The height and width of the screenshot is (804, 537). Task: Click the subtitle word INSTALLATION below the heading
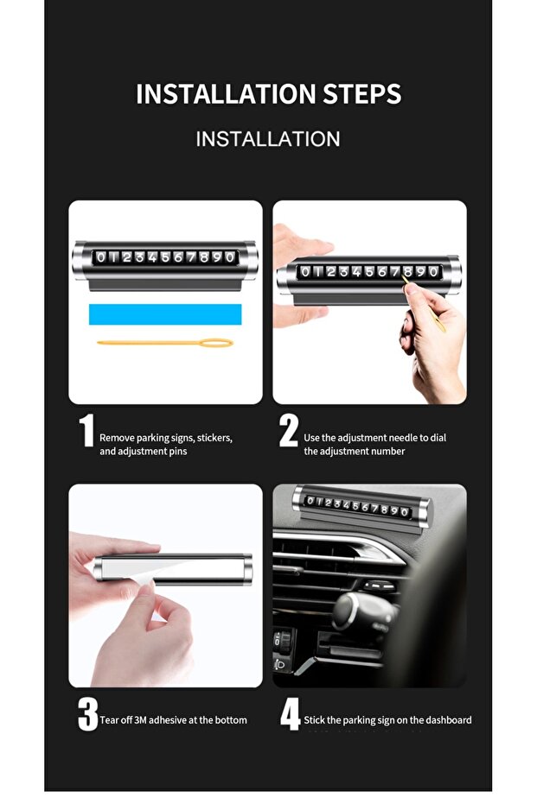tap(268, 139)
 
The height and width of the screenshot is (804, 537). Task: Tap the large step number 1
tap(86, 430)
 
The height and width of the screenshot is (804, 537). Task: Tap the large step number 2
tap(289, 430)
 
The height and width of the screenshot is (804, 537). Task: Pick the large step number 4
tap(291, 713)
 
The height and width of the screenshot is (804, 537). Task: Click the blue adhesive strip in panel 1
tap(165, 314)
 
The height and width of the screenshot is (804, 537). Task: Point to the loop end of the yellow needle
tap(216, 343)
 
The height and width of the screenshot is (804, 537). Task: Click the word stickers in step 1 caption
tap(214, 438)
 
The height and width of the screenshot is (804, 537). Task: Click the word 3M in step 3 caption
tap(140, 720)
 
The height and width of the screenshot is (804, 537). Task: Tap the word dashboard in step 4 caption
tap(448, 720)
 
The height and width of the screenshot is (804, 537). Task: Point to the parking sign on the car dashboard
tap(362, 507)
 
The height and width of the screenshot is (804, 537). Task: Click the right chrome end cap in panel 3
tap(246, 569)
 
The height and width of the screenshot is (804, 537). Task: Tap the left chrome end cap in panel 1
tap(80, 260)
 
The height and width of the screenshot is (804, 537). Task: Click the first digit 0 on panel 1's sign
tap(100, 257)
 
